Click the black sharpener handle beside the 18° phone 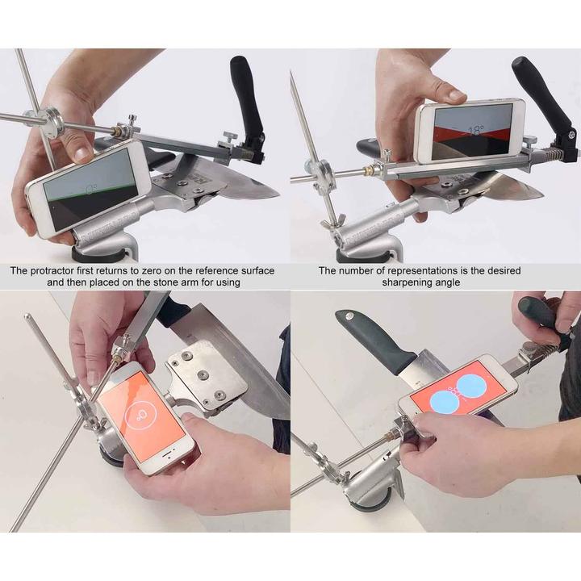[542, 89]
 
